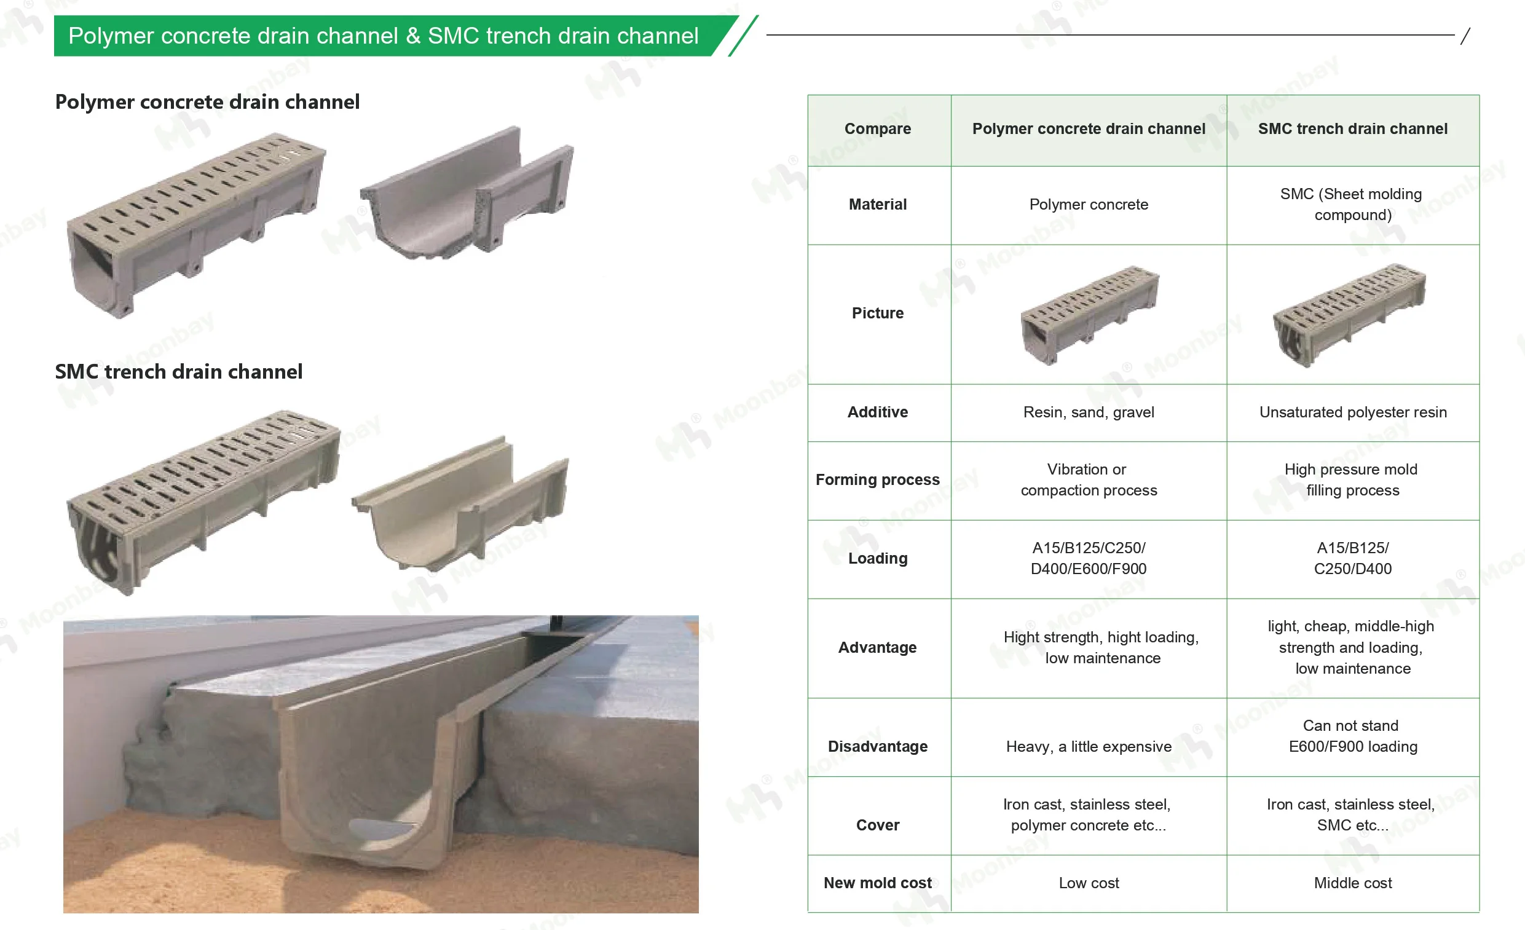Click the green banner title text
[383, 36]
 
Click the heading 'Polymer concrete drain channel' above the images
[207, 101]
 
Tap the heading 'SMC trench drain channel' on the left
[178, 371]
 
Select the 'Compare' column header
[877, 128]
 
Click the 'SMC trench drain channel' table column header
[1352, 128]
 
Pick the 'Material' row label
[877, 204]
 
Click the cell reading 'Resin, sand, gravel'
[1088, 412]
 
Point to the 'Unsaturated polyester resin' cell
[1352, 412]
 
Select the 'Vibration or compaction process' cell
[1088, 479]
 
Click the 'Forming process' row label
[877, 479]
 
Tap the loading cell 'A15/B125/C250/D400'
[1352, 558]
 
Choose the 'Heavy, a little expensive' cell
[1088, 746]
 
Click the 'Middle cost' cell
[1352, 883]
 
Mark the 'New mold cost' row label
[877, 883]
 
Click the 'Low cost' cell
[1088, 883]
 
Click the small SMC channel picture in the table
[1349, 314]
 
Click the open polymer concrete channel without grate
[467, 195]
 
